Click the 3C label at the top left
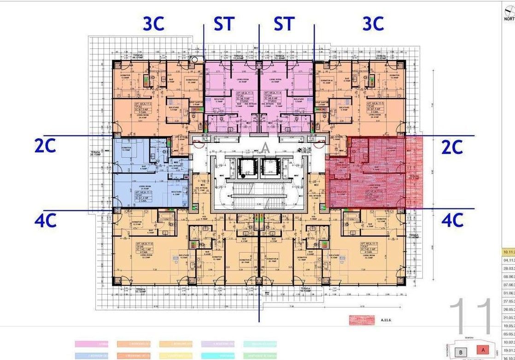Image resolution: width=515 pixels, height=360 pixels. (x=153, y=24)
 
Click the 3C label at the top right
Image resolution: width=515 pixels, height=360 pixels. (x=373, y=24)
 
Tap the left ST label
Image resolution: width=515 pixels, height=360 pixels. (x=224, y=24)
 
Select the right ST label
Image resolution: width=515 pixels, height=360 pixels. (x=284, y=24)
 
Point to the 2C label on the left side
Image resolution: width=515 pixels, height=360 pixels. (x=46, y=146)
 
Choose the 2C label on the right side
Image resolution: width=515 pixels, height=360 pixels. (x=452, y=147)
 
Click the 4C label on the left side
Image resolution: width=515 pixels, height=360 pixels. (x=46, y=220)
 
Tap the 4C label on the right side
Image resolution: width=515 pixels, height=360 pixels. (x=452, y=220)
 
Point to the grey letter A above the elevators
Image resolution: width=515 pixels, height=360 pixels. (x=265, y=148)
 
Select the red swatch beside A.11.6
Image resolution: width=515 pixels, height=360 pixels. (x=362, y=320)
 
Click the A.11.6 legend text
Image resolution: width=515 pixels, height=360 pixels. (x=386, y=320)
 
